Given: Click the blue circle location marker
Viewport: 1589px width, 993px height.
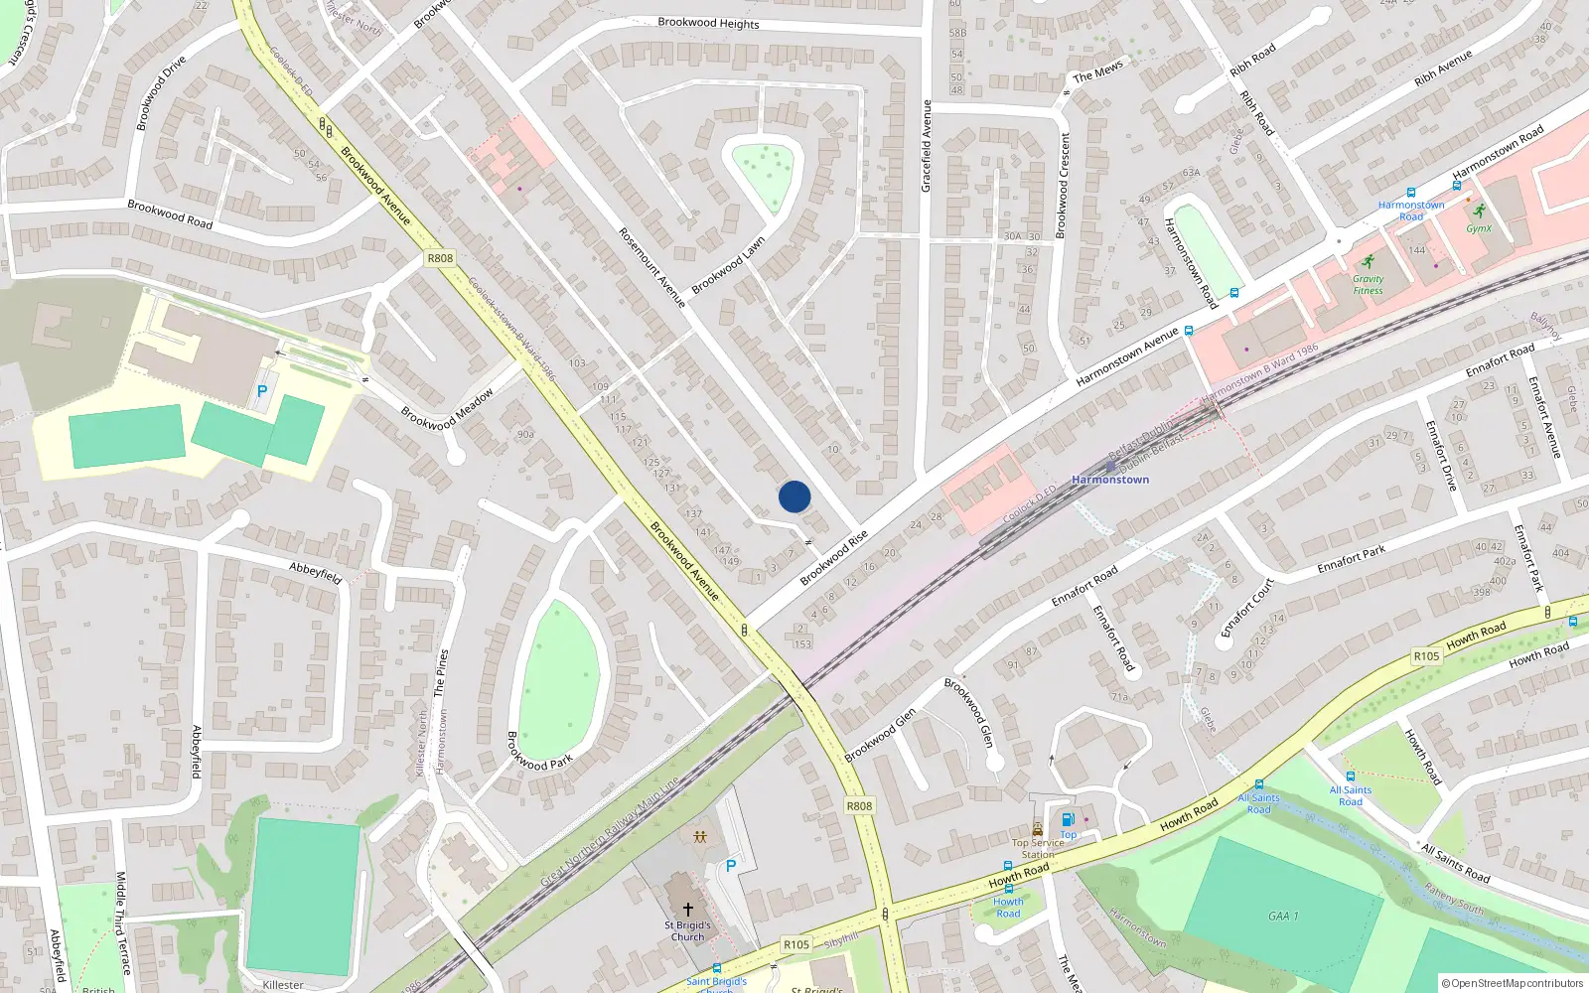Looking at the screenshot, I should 794,496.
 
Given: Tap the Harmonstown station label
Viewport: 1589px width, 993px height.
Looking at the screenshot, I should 1110,480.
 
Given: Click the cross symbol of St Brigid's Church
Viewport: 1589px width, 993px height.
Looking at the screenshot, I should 687,909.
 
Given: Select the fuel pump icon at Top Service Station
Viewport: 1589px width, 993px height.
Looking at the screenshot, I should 1068,820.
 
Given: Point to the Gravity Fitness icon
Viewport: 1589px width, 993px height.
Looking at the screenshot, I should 1369,261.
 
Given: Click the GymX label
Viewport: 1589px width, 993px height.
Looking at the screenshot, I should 1479,228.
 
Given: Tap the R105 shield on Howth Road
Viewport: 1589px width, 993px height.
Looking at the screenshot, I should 1426,656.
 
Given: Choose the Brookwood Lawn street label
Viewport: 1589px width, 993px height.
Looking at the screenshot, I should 728,265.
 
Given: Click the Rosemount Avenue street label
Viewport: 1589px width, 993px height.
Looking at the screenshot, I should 652,267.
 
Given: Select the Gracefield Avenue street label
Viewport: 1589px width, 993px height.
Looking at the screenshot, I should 927,146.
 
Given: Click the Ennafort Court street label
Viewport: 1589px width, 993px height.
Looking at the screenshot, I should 1247,608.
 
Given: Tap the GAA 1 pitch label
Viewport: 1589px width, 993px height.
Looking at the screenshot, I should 1283,916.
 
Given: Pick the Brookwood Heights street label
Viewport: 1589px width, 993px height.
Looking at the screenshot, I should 708,23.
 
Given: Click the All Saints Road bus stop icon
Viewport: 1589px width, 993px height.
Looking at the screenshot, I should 1350,777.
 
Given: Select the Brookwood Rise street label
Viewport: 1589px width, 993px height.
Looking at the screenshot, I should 834,557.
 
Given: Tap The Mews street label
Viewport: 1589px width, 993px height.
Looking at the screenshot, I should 1097,71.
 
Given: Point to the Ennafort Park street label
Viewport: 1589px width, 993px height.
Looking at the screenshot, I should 1351,560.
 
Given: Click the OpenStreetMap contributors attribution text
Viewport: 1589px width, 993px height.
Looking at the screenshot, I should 1513,983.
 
